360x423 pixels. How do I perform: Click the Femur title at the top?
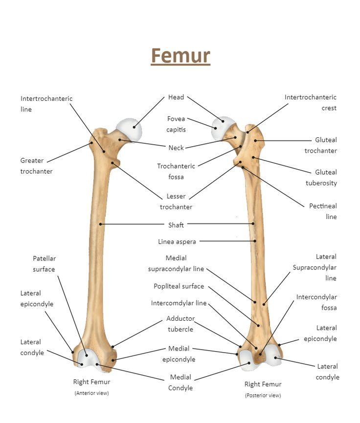(x=180, y=56)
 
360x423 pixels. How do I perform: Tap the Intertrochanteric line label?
(x=46, y=104)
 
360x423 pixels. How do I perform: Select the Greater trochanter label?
(x=36, y=166)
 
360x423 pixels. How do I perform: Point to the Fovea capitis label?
(x=176, y=124)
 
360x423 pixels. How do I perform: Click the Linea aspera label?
(x=177, y=242)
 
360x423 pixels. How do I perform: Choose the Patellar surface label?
(x=44, y=264)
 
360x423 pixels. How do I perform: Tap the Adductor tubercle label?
(x=180, y=324)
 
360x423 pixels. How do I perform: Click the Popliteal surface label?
(x=179, y=286)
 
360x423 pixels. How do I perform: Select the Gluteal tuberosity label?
(x=321, y=178)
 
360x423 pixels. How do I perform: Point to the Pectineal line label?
(x=323, y=211)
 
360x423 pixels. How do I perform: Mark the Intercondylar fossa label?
(x=316, y=302)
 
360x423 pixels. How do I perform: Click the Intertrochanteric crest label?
(x=311, y=103)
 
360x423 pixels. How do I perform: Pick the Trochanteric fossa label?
(x=176, y=171)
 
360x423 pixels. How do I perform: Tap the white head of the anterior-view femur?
(x=130, y=128)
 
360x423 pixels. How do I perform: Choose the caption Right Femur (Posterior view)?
(x=263, y=389)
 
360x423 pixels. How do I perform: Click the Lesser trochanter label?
(x=176, y=201)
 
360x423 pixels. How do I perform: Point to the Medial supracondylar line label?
(x=176, y=263)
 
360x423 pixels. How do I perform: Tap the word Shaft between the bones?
(x=176, y=225)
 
